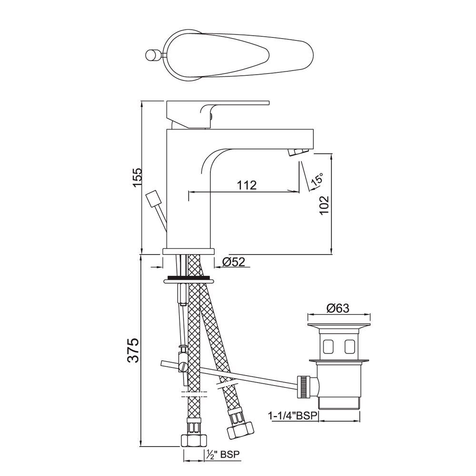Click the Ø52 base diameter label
pos(233,261)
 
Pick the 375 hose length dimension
pos(134,351)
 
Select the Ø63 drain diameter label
pos(338,308)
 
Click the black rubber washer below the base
pos(188,277)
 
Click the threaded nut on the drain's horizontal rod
pos(302,386)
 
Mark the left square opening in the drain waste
pos(328,347)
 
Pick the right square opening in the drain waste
pos(350,347)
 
